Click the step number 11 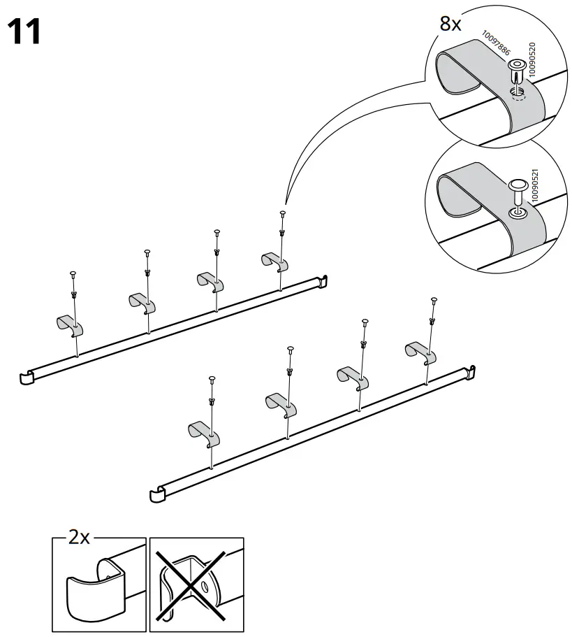click(x=23, y=31)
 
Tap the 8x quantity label click(x=450, y=24)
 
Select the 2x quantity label click(x=79, y=537)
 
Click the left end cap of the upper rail click(x=27, y=378)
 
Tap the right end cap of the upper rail click(x=323, y=280)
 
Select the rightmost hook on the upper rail click(x=274, y=261)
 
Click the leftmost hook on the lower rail click(x=203, y=435)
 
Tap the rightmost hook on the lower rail click(x=421, y=352)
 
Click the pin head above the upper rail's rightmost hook click(x=282, y=213)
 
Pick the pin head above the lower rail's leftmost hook click(x=211, y=380)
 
